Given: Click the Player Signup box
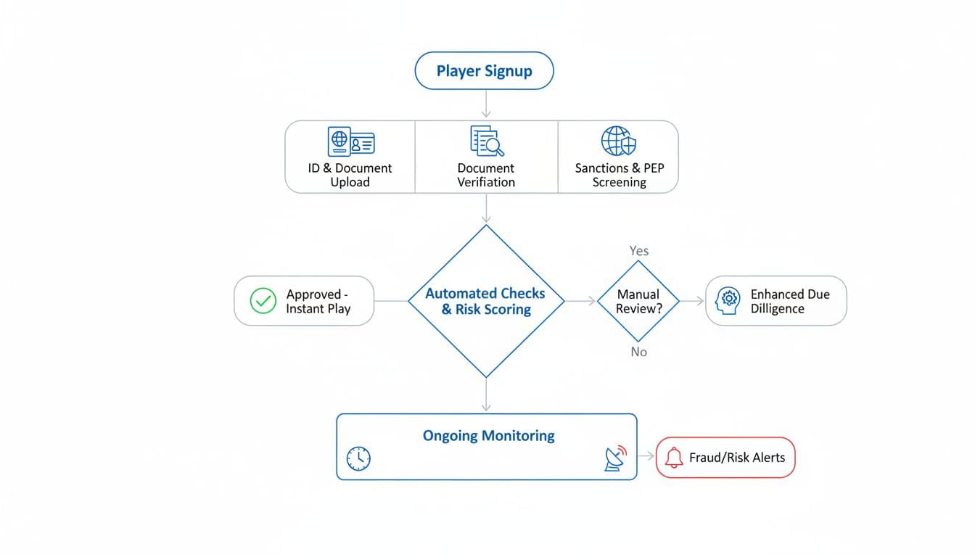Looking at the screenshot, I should click(x=484, y=71).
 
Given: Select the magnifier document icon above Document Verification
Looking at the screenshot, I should click(x=487, y=141).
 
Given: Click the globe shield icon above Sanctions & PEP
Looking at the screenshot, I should click(x=619, y=141).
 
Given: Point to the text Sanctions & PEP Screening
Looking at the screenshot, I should click(x=619, y=175).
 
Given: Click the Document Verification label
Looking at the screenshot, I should click(x=486, y=175).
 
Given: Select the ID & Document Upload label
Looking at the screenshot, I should click(x=350, y=175).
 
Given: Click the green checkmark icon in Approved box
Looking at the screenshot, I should click(x=263, y=301).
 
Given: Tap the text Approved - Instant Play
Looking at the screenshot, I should click(x=318, y=301).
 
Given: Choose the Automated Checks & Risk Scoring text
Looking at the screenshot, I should click(x=485, y=302).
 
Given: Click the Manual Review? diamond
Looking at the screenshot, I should click(x=638, y=301).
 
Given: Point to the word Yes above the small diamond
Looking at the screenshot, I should click(x=639, y=251).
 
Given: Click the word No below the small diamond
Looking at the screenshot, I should click(x=639, y=352).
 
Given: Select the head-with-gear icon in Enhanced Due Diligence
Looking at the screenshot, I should click(x=728, y=300).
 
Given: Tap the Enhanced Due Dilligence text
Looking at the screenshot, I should click(x=789, y=301).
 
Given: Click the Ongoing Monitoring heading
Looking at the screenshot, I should click(x=488, y=436).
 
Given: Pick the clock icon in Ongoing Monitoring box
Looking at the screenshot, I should click(x=358, y=458).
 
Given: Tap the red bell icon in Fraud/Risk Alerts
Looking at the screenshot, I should click(x=674, y=458).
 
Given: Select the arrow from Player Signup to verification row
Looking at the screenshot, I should click(x=486, y=104).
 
